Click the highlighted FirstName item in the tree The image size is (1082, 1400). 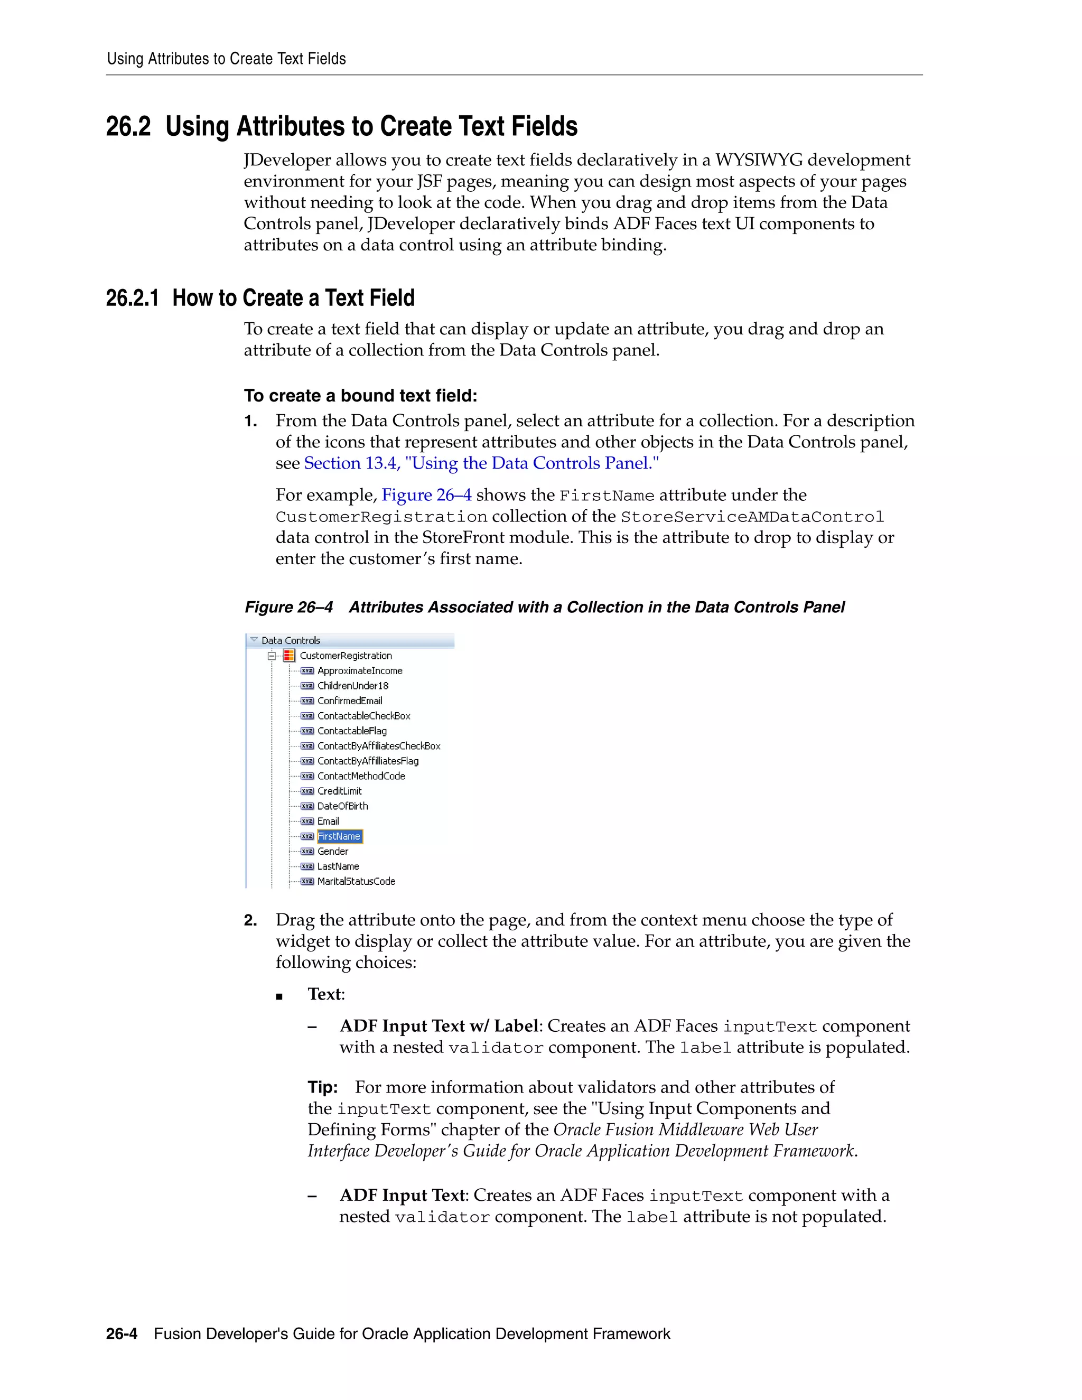pyautogui.click(x=339, y=836)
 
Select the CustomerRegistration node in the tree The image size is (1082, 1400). pyautogui.click(x=345, y=655)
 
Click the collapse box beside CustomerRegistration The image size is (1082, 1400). pyautogui.click(x=272, y=655)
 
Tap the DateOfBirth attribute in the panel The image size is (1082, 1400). pyautogui.click(x=342, y=806)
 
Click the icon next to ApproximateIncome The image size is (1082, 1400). pyautogui.click(x=307, y=670)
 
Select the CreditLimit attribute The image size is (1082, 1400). pyautogui.click(x=339, y=790)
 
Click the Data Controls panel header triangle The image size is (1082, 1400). pyautogui.click(x=254, y=640)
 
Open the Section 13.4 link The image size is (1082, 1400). pyautogui.click(x=481, y=463)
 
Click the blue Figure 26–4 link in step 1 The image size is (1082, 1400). pyautogui.click(x=426, y=495)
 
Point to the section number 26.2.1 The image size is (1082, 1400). pyautogui.click(x=132, y=298)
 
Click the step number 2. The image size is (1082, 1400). pyautogui.click(x=250, y=920)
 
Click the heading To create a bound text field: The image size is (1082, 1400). pyautogui.click(x=360, y=396)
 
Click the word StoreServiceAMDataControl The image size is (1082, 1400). pyautogui.click(x=752, y=517)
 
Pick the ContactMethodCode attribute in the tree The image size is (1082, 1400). pyautogui.click(x=361, y=776)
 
